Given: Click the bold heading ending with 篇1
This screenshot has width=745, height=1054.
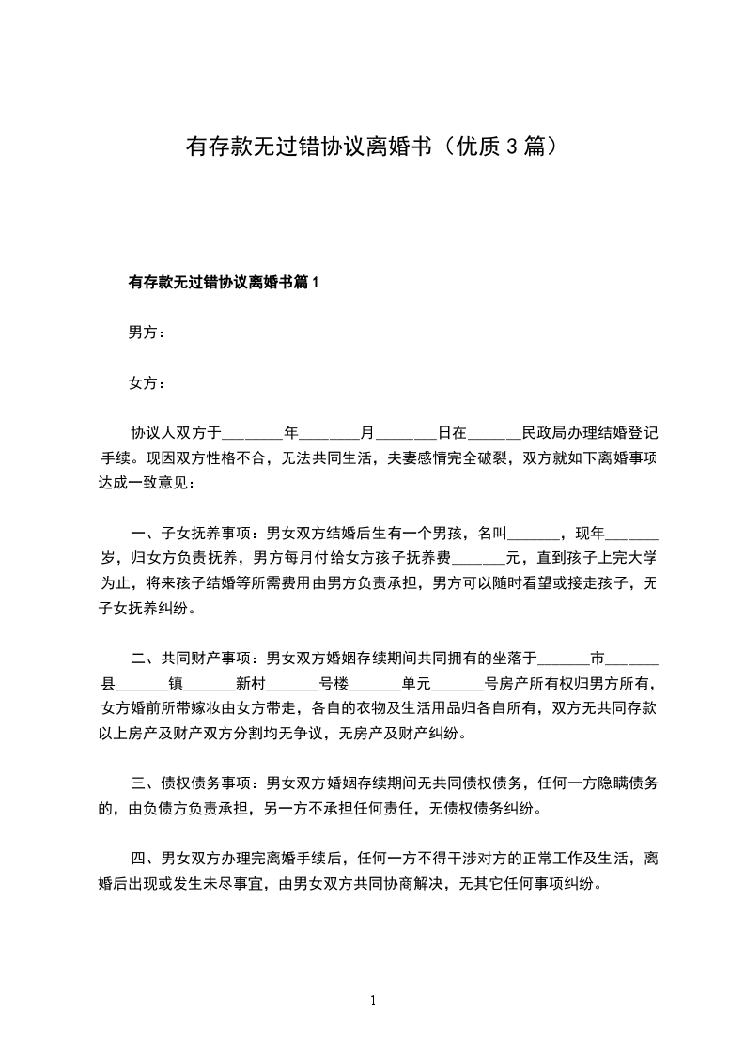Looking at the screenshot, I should (225, 282).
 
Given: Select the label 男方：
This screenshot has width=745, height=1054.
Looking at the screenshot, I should (147, 333).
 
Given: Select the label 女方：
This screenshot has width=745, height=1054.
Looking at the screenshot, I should (147, 383).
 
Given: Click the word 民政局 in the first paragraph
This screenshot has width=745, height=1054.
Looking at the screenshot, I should (545, 433).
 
